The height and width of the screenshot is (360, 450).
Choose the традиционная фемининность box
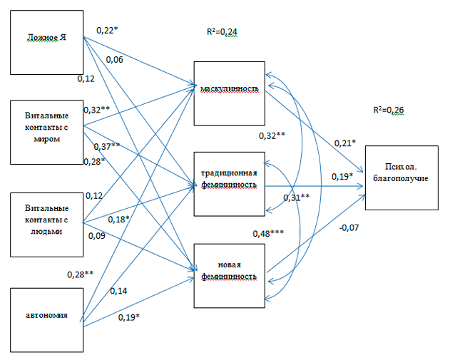[229, 182]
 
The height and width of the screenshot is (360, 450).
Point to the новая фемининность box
[229, 275]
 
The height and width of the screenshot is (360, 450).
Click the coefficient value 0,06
[115, 61]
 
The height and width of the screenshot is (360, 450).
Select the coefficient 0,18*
[118, 219]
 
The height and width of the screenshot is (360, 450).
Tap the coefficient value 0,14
[118, 291]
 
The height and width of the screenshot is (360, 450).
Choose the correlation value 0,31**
[296, 197]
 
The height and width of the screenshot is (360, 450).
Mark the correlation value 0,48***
[269, 234]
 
